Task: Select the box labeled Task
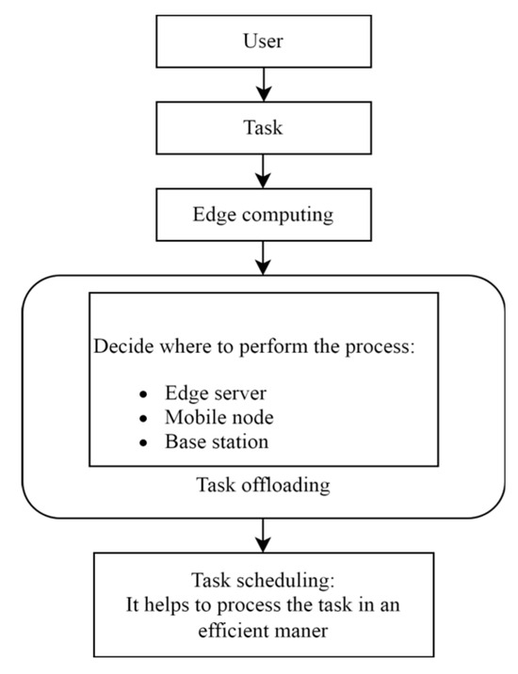pyautogui.click(x=264, y=129)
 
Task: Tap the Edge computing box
pyautogui.click(x=264, y=214)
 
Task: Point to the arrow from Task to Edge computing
pyautogui.click(x=264, y=171)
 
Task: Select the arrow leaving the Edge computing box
pyautogui.click(x=264, y=256)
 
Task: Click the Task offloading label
pyautogui.click(x=264, y=486)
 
